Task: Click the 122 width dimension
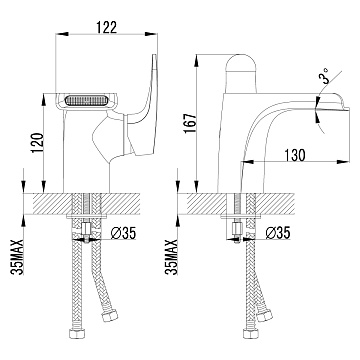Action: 107,27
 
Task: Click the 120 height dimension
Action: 37,143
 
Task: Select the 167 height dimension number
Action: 190,123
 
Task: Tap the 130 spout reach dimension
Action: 295,155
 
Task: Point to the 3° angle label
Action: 325,75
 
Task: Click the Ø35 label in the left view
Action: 123,234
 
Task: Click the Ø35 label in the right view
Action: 278,233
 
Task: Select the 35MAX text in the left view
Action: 17,257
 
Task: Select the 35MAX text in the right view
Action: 171,257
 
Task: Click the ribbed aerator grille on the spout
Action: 86,101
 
